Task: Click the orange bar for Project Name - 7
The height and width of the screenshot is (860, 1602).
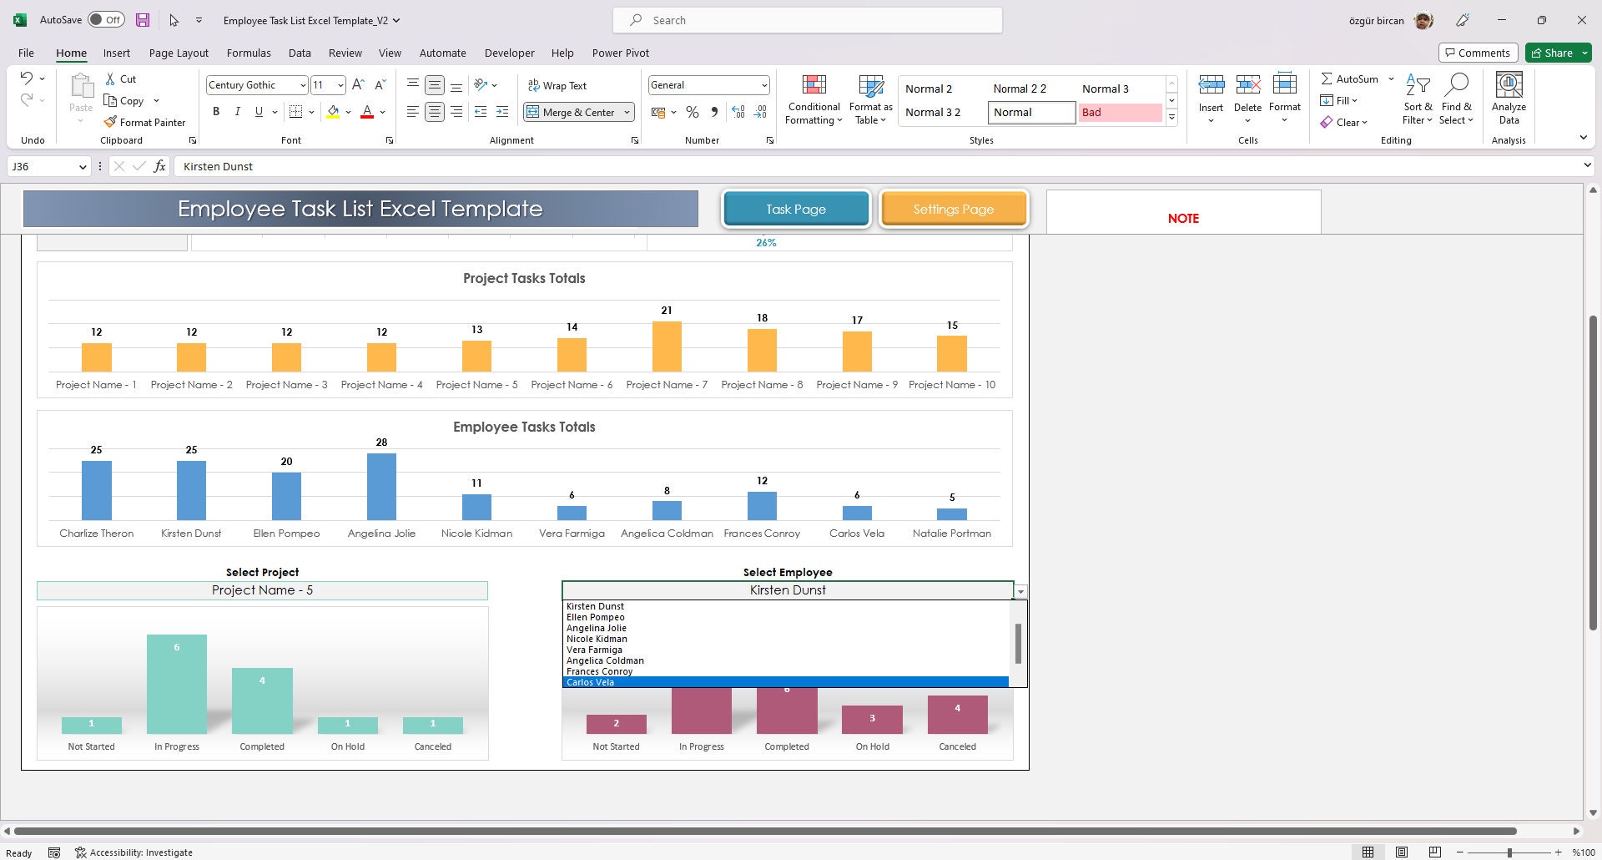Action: tap(667, 347)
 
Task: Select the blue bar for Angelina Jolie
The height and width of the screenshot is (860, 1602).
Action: tap(381, 487)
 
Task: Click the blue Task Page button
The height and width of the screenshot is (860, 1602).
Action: tap(796, 209)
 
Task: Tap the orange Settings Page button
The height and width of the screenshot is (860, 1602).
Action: tap(953, 209)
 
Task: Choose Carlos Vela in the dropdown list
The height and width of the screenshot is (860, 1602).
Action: tap(591, 682)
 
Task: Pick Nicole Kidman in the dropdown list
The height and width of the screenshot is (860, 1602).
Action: tap(597, 639)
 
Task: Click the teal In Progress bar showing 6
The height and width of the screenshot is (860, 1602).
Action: tap(177, 684)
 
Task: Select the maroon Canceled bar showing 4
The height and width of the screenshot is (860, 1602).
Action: tap(957, 715)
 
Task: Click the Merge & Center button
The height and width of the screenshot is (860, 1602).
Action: tap(578, 112)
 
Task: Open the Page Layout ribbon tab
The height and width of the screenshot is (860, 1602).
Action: tap(179, 53)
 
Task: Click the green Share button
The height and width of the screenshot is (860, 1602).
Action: tap(1558, 53)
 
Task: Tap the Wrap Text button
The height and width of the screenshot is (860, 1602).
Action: tap(557, 85)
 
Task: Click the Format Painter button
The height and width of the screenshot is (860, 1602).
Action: tap(145, 122)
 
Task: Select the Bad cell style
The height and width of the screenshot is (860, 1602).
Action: tap(1119, 112)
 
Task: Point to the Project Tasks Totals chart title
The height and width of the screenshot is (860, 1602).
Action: tap(524, 278)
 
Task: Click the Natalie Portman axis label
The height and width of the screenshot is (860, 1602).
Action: tap(951, 533)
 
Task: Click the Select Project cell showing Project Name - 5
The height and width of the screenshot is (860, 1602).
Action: tap(262, 590)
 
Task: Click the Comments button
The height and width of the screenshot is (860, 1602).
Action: tap(1477, 53)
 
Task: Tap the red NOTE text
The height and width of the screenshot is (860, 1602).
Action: tap(1183, 218)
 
